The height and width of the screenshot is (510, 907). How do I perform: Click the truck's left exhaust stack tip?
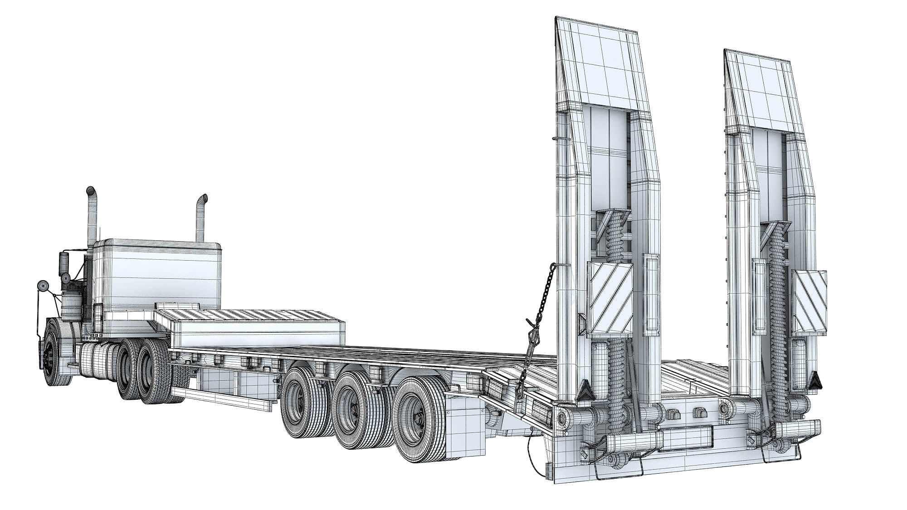91,190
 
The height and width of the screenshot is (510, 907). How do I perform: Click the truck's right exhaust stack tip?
203,199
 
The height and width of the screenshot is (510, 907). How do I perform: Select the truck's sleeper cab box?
159,277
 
